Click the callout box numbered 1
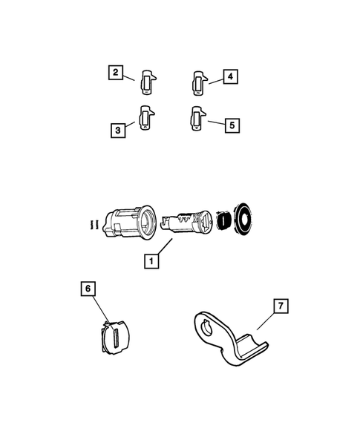click(x=151, y=261)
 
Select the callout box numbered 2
click(x=116, y=73)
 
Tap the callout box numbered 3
click(x=118, y=130)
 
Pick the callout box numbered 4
click(x=230, y=76)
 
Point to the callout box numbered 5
click(x=232, y=125)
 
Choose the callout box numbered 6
click(x=88, y=289)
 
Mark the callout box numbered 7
click(x=281, y=306)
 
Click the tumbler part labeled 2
click(x=147, y=82)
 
